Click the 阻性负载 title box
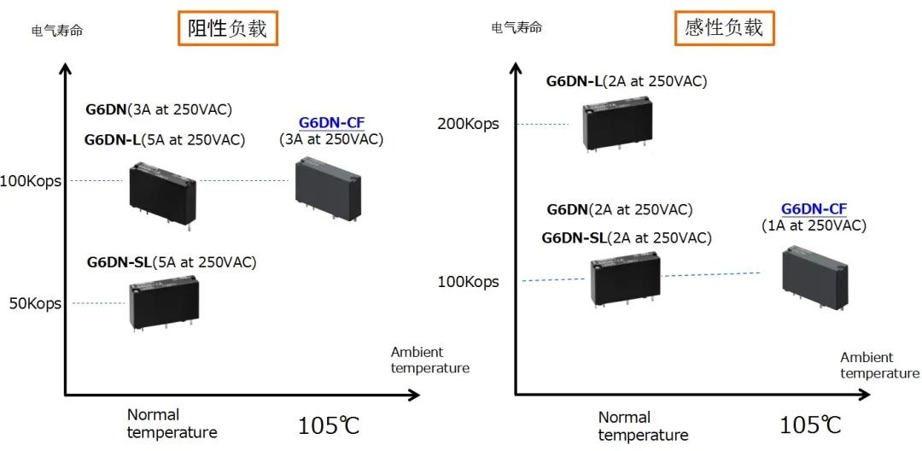coord(228,28)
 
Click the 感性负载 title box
coord(723,28)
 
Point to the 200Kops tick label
coord(468,124)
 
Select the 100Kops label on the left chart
coord(32,180)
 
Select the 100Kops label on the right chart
coord(468,281)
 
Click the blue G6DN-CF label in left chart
coord(331,122)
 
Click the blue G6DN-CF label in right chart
coord(814,209)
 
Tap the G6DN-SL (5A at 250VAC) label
coord(172,262)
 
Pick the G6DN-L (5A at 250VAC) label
coord(165,140)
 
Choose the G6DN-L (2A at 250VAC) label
coord(627,81)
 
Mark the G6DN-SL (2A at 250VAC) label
coord(627,238)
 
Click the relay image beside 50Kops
coord(162,303)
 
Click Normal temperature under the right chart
coord(643,426)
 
